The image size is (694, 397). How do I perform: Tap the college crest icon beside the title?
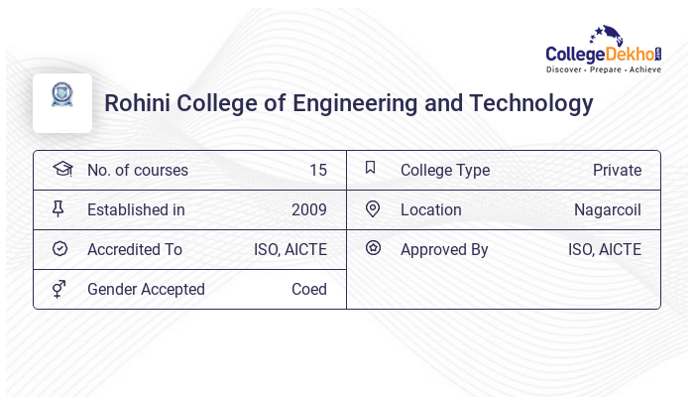tap(62, 95)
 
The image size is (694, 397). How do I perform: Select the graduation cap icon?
tap(61, 169)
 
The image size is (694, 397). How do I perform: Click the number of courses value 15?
tap(317, 170)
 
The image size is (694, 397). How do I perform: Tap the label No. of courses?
tap(137, 170)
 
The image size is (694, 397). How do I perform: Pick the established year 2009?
tap(308, 209)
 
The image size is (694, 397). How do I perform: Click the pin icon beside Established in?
tap(58, 208)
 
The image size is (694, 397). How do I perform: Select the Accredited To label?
tap(135, 249)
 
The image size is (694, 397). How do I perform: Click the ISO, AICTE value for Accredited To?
tap(289, 249)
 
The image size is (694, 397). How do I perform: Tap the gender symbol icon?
tap(59, 289)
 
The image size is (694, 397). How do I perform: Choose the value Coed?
tap(308, 289)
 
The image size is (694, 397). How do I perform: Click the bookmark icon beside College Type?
tap(370, 168)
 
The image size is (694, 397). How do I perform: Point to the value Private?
tap(617, 170)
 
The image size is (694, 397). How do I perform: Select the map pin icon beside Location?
tap(373, 208)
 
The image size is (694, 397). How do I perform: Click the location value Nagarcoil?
tap(607, 209)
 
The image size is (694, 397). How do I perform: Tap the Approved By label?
tap(444, 249)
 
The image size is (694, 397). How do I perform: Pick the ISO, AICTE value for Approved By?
tap(604, 249)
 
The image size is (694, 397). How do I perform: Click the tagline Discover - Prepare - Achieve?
tap(603, 70)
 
